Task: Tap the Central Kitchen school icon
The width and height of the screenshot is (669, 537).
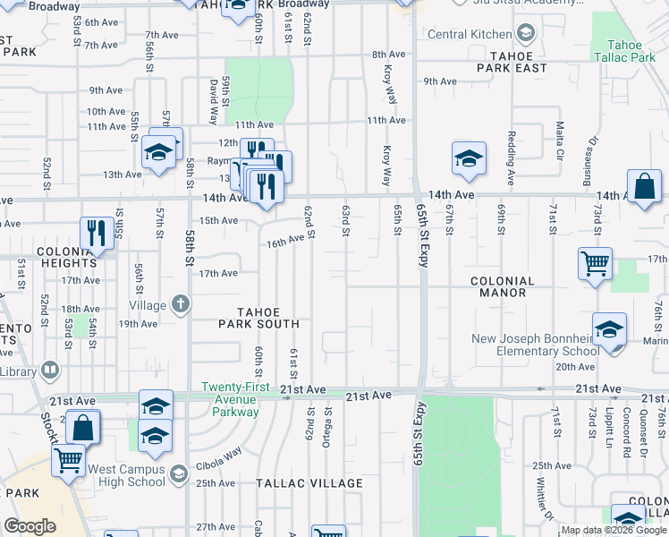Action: [x=527, y=35]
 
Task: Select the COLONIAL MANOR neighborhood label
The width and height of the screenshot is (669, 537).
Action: [x=503, y=286]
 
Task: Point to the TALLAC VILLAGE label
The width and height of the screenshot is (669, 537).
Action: [x=309, y=483]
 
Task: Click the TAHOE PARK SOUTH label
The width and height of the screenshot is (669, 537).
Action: [x=270, y=318]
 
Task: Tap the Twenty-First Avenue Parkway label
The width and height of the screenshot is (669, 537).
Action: [x=230, y=399]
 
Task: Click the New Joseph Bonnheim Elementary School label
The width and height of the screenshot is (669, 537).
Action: [x=536, y=345]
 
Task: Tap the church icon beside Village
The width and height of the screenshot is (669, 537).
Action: [x=181, y=304]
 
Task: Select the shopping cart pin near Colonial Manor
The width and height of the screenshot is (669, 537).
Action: [x=595, y=264]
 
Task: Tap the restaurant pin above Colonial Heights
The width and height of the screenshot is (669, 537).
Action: [x=94, y=234]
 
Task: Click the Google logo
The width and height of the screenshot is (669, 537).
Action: [x=30, y=526]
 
